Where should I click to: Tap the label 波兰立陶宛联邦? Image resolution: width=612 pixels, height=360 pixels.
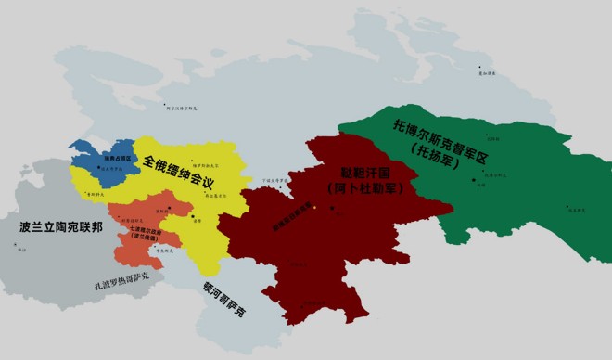[x=55, y=226]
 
